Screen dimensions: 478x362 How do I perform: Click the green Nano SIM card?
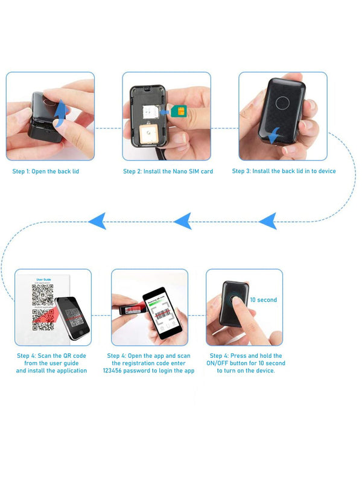tap(178, 110)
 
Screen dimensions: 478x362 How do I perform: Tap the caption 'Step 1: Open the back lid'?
tap(46, 171)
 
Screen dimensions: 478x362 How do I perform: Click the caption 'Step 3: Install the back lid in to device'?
tap(284, 171)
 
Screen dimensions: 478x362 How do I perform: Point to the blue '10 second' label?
tap(263, 300)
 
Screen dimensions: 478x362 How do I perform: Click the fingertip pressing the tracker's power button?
tap(237, 307)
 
